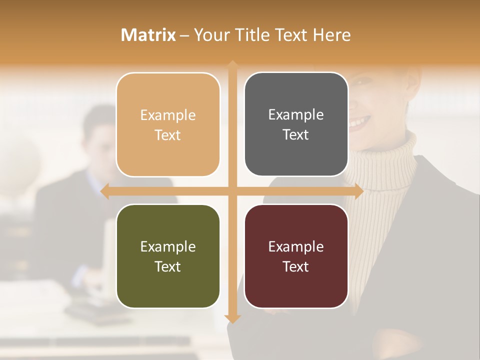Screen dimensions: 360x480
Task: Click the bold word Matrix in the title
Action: (x=148, y=35)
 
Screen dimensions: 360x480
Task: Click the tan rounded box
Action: (x=168, y=124)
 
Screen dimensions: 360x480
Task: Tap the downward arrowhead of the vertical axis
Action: (x=232, y=319)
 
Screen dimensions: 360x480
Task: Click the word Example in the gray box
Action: (x=296, y=115)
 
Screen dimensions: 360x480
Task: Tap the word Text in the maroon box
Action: (x=296, y=266)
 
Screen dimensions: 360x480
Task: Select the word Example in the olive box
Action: (x=168, y=246)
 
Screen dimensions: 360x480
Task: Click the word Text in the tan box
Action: (x=168, y=135)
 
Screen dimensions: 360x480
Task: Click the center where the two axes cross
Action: (x=232, y=191)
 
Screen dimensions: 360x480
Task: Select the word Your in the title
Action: (x=210, y=35)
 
